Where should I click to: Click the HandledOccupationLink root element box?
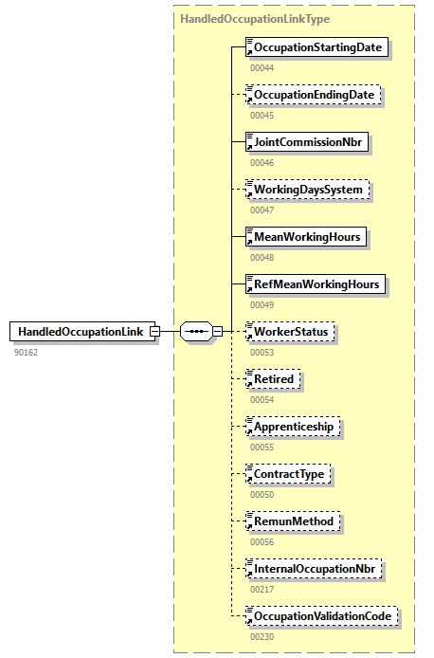click(83, 331)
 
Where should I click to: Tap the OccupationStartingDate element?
click(316, 47)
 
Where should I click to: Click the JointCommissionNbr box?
click(306, 142)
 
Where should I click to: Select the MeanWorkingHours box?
click(306, 236)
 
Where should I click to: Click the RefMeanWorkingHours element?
click(316, 283)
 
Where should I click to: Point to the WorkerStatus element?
click(291, 331)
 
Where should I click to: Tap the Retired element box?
click(273, 378)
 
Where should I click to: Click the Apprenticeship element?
click(293, 427)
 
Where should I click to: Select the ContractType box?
click(290, 473)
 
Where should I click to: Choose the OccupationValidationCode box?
click(321, 616)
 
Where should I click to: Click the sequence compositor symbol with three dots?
click(196, 331)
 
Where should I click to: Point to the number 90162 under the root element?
click(27, 352)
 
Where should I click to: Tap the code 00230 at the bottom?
click(262, 637)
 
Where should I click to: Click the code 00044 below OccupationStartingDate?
click(262, 68)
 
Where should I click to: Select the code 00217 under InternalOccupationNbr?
click(262, 589)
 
